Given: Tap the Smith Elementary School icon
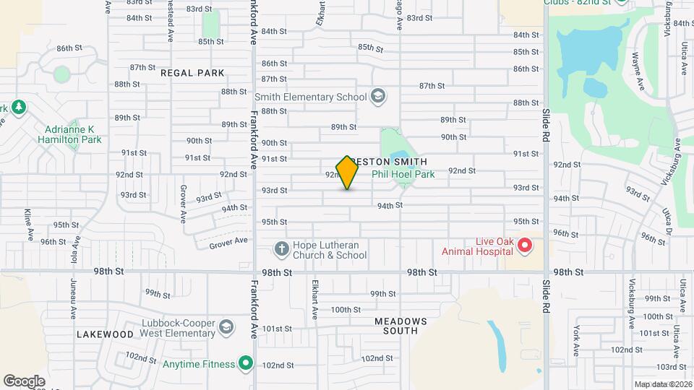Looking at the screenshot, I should [x=377, y=96].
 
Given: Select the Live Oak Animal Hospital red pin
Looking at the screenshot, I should [x=526, y=246].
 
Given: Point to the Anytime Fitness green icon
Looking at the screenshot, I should [x=247, y=363].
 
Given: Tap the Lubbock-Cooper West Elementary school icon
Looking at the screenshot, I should [x=226, y=328].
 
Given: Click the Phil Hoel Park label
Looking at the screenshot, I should [x=403, y=174].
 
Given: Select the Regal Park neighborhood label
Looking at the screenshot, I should [x=192, y=73].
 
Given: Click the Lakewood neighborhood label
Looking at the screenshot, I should [x=105, y=334].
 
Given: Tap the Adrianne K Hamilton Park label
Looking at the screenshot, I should [x=69, y=134].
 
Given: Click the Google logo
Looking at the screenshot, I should [x=24, y=381].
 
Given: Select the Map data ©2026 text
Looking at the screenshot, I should [x=663, y=384].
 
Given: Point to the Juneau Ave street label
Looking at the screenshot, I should [x=73, y=299].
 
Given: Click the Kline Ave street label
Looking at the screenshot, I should [x=28, y=224].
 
